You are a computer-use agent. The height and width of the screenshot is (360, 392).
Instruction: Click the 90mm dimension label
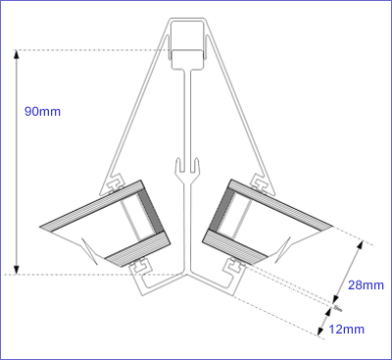(42, 112)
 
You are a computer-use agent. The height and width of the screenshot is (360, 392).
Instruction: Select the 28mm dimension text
(366, 285)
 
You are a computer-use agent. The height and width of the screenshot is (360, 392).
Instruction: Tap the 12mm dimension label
(346, 329)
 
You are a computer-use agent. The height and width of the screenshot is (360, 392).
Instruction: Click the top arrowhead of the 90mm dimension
(17, 55)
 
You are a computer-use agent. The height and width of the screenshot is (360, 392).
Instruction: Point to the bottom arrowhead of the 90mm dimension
(17, 269)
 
